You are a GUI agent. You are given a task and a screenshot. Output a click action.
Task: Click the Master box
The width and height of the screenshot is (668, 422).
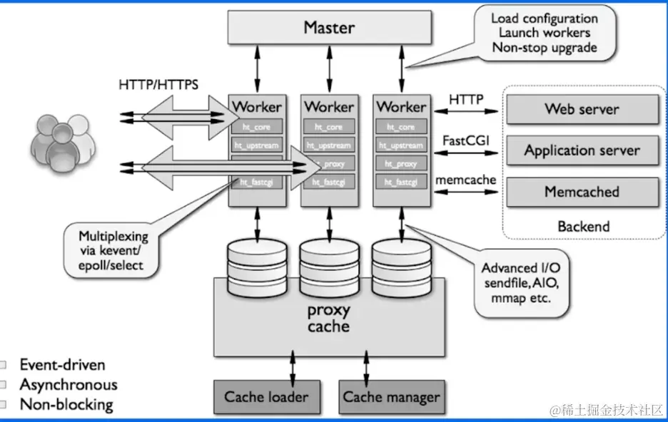330,28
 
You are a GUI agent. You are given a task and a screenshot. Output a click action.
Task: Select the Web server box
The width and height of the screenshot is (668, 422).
582,109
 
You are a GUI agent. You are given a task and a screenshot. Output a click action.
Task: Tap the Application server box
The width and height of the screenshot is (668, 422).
582,150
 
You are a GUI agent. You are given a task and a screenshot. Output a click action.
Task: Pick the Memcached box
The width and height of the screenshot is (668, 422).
582,192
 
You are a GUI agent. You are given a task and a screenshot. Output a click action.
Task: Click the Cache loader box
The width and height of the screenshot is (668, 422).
266,397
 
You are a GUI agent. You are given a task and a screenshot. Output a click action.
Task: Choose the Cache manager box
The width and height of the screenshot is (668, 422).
391,397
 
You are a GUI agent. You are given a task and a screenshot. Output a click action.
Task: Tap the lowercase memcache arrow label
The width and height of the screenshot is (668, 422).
466,180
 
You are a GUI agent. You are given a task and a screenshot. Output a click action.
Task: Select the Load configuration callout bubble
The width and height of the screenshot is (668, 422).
544,33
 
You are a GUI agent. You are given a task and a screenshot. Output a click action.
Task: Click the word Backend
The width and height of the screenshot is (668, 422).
584,226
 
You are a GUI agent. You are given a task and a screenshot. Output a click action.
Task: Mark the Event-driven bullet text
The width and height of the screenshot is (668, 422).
62,365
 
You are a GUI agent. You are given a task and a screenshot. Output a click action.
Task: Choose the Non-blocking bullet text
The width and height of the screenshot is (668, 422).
66,405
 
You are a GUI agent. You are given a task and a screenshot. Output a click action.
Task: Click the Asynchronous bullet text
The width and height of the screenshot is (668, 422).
69,385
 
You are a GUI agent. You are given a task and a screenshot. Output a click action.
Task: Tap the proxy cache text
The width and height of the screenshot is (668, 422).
328,319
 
